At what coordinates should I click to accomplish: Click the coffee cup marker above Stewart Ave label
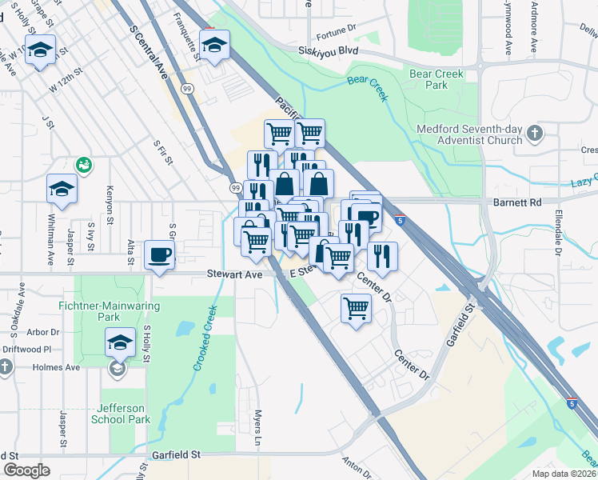[159, 255]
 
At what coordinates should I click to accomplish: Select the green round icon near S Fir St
[83, 165]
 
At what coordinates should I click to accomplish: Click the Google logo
[26, 470]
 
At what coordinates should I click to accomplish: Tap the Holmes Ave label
[56, 367]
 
